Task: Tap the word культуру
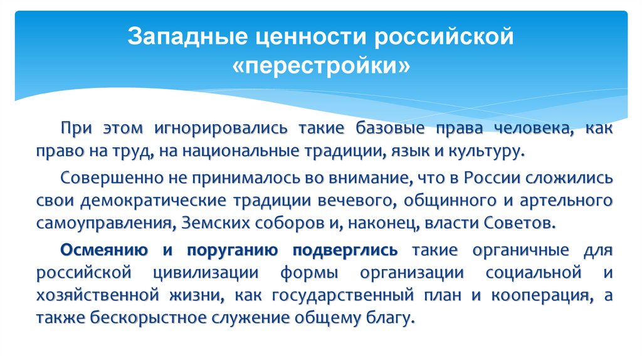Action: (x=490, y=151)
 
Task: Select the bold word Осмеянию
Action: (x=103, y=250)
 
